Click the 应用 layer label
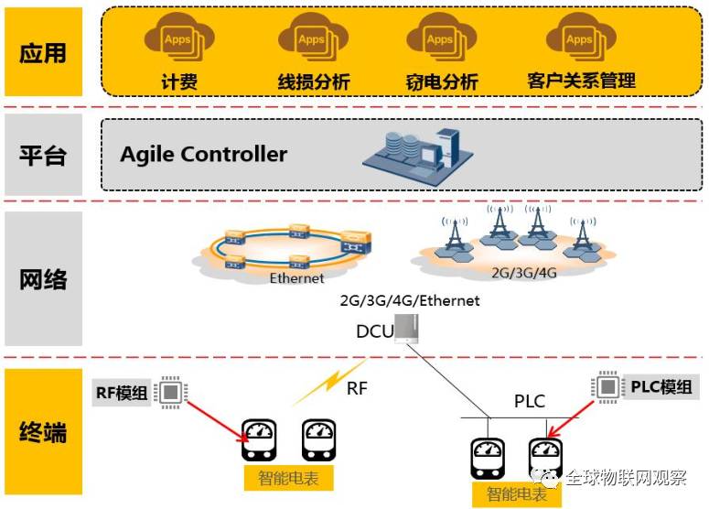click(43, 52)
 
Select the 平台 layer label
click(43, 154)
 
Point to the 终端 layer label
click(43, 431)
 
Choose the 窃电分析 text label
click(442, 81)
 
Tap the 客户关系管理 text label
click(581, 81)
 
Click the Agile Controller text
click(203, 154)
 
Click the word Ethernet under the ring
click(296, 277)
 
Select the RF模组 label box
click(122, 393)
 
